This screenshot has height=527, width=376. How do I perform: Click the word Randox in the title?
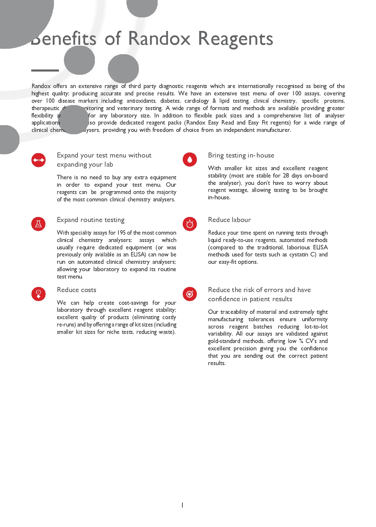[x=159, y=39]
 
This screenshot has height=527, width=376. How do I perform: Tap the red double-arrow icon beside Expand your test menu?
[x=39, y=160]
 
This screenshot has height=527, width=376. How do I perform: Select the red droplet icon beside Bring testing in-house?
[x=190, y=160]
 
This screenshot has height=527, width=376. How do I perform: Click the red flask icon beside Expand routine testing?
[x=39, y=224]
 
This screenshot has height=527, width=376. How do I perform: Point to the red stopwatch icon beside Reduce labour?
[x=190, y=224]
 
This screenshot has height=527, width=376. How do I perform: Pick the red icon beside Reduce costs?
[x=39, y=294]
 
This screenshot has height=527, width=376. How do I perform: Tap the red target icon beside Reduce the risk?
[x=190, y=294]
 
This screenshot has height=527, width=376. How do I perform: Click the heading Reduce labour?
[x=229, y=220]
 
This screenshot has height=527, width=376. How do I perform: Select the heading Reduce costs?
[x=76, y=290]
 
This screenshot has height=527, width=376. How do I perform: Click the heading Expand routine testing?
[x=90, y=220]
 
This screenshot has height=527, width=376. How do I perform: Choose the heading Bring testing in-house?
[x=241, y=155]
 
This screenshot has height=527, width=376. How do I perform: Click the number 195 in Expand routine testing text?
[x=121, y=233]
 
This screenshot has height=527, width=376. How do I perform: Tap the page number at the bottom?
[x=182, y=505]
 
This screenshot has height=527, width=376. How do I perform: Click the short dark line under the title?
[x=45, y=71]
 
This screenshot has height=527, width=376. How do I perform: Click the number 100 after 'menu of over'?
[x=296, y=94]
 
